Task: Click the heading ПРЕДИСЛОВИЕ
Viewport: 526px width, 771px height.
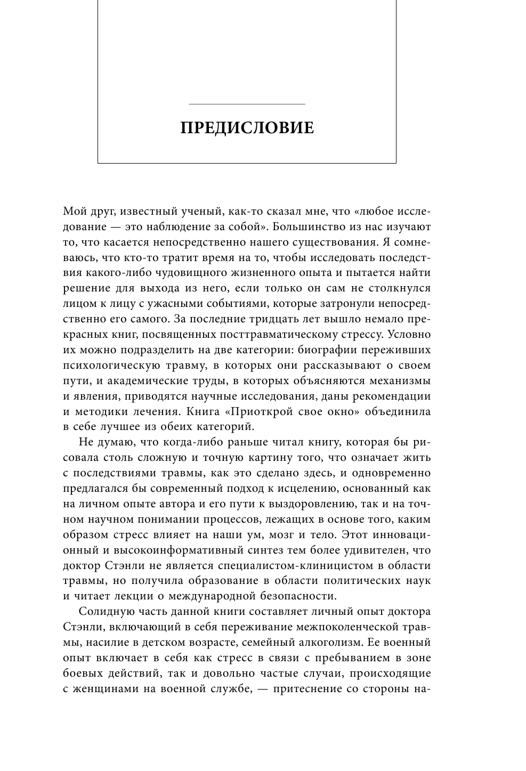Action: point(247,128)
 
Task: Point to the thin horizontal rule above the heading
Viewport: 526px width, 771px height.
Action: point(247,104)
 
